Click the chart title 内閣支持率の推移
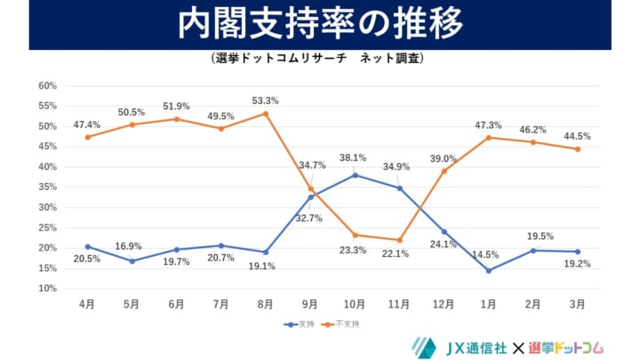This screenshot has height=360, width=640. click(320, 24)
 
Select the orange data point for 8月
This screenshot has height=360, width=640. click(265, 113)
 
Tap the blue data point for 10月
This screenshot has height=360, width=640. click(354, 175)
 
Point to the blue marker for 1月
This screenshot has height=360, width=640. click(488, 270)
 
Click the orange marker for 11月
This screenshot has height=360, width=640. click(399, 240)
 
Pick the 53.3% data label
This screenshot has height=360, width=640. click(265, 99)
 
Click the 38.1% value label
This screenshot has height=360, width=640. click(354, 159)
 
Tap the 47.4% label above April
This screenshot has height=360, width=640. click(87, 124)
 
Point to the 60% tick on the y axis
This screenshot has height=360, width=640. click(47, 86)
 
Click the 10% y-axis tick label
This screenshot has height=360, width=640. click(47, 289)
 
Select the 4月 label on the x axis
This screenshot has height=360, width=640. click(87, 304)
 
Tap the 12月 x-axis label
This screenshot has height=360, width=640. click(444, 304)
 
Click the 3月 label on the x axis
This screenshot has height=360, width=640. click(577, 304)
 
